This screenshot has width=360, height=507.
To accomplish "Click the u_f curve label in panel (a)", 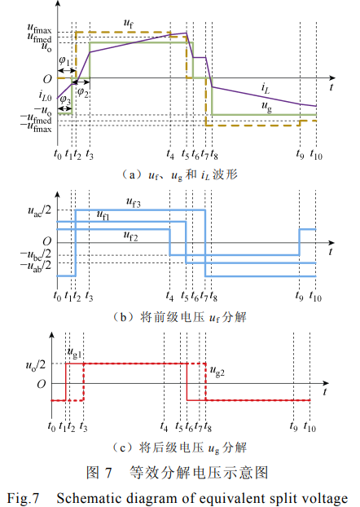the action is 129,24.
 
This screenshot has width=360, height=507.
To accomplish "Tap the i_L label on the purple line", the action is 266,88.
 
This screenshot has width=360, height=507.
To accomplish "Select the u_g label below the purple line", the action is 266,106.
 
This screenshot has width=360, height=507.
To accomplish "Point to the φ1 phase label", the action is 64,61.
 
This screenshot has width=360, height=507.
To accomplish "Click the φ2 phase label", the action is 83,92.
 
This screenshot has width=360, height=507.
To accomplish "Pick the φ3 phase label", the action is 66,99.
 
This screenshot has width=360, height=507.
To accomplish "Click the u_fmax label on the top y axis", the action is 39,29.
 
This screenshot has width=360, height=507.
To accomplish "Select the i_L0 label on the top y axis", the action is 45,95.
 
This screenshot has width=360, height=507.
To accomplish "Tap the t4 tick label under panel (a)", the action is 170,155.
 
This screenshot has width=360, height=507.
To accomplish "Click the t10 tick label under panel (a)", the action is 316,155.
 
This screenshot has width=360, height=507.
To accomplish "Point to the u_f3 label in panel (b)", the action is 133,203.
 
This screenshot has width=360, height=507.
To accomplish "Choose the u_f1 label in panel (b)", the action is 103,215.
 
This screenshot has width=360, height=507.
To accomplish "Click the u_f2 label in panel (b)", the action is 131,236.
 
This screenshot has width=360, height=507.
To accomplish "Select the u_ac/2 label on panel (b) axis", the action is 39,210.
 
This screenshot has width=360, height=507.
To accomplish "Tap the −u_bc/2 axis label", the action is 36,255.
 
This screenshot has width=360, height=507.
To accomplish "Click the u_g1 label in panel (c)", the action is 74,352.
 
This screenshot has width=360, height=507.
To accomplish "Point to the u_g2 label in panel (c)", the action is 217,371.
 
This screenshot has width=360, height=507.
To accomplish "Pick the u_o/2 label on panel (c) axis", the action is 36,365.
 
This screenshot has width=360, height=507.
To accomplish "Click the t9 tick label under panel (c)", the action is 293,427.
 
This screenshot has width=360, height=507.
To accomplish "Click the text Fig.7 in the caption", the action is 23,498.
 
